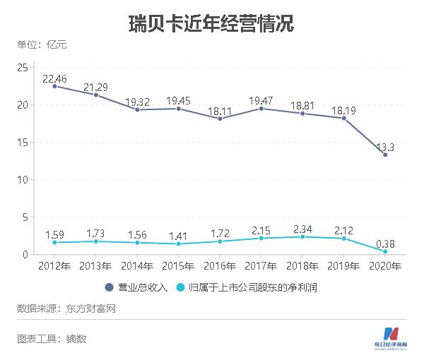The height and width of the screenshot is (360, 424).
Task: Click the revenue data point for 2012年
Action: click(x=55, y=86)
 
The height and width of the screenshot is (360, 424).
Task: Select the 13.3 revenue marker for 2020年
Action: click(x=385, y=154)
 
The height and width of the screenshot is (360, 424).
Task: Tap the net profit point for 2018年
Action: click(x=302, y=236)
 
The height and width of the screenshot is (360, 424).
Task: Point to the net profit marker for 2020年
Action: click(x=385, y=251)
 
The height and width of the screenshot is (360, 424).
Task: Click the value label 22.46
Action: click(x=55, y=78)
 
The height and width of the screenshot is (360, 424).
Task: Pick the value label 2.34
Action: click(x=302, y=229)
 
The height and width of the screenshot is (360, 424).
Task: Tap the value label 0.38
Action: click(x=385, y=244)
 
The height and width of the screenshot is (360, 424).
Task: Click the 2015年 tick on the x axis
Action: click(x=179, y=266)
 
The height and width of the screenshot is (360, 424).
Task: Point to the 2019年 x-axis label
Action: click(x=344, y=266)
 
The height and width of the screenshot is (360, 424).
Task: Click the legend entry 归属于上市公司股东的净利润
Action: click(x=247, y=287)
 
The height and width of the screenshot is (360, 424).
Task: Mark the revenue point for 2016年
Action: click(x=220, y=119)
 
